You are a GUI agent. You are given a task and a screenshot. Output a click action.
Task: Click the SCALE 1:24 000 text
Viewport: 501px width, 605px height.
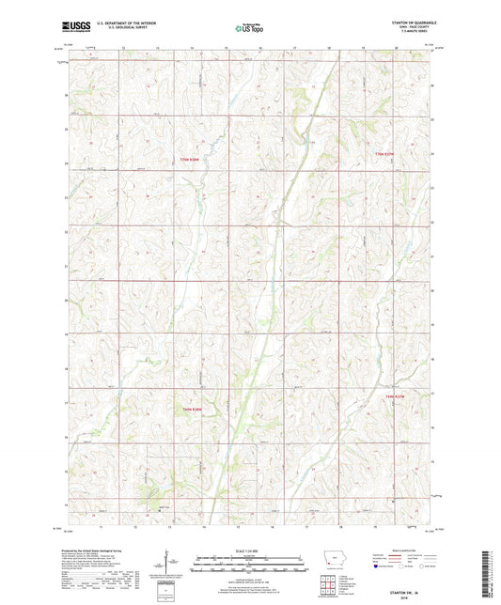coord(249,551)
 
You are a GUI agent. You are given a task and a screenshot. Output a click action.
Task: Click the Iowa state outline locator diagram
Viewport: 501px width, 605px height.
coord(338,563)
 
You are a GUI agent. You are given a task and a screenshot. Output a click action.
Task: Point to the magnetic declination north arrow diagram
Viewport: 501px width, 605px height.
coord(168,566)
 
